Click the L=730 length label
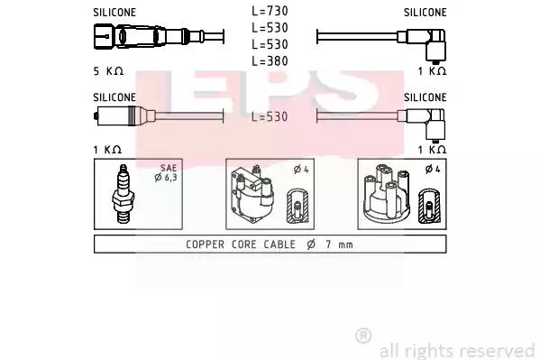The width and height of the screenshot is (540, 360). coord(270,11)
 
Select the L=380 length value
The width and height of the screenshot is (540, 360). coord(270,61)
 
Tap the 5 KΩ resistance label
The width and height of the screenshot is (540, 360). coord(108,71)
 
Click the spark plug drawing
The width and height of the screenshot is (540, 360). coord(123,194)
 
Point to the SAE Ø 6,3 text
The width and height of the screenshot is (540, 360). coord(167,172)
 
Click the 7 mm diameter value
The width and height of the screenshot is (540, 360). coord(339,245)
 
